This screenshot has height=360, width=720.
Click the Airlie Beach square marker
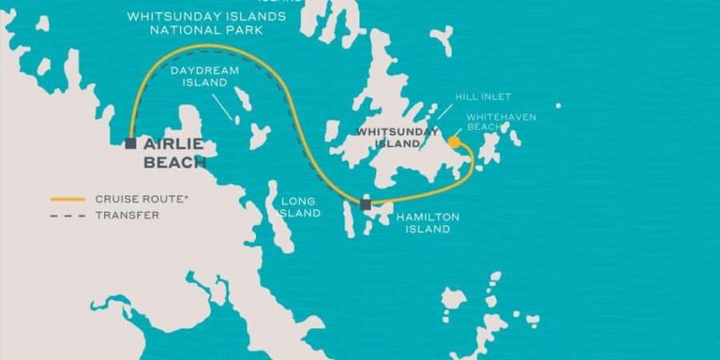point(130,143)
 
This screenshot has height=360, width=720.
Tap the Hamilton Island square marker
point(366,203)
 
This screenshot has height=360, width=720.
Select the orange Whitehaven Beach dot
point(454,142)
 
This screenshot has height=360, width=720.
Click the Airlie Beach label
point(173,153)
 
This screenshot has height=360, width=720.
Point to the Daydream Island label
point(199,76)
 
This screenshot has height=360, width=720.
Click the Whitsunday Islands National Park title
point(206,22)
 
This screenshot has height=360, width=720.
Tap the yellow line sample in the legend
point(68,199)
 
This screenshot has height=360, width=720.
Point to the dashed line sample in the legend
point(68,215)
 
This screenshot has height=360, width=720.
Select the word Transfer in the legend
point(127,215)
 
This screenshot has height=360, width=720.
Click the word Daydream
point(199,70)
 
